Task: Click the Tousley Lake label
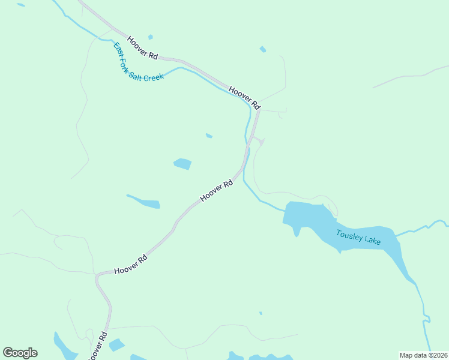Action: (358, 237)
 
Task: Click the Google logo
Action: (20, 353)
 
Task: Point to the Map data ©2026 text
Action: (423, 355)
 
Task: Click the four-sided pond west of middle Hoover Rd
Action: (182, 163)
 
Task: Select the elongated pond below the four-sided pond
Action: (145, 202)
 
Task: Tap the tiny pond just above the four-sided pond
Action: (209, 136)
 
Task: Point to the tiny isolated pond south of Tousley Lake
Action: (261, 313)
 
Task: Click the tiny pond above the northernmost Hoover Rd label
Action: (150, 37)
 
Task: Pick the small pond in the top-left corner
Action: (21, 5)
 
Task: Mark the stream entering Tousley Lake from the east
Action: (420, 228)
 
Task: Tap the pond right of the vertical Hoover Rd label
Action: (116, 345)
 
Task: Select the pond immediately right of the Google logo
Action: (63, 346)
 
